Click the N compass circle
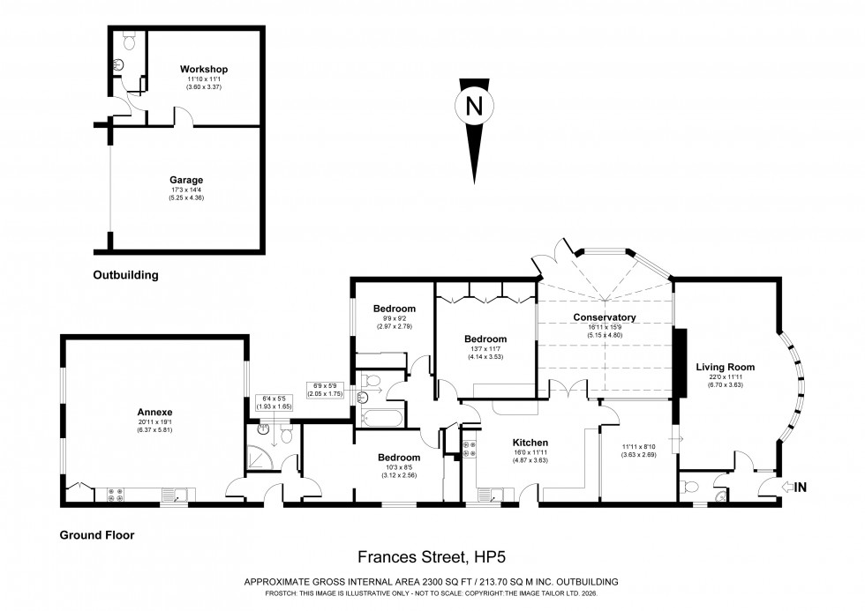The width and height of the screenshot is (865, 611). (x=474, y=106)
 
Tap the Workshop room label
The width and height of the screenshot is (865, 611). (x=204, y=69)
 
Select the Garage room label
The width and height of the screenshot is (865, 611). (x=186, y=181)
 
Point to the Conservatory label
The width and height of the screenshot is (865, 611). (x=605, y=317)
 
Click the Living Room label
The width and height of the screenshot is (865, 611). (x=724, y=367)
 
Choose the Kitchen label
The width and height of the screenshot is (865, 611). (x=531, y=442)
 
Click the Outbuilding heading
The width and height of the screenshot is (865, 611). (x=125, y=275)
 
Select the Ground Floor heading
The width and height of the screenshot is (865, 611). (x=96, y=534)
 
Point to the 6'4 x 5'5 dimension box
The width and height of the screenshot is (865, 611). (x=271, y=404)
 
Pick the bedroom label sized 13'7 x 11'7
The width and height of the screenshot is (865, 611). (x=486, y=339)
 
